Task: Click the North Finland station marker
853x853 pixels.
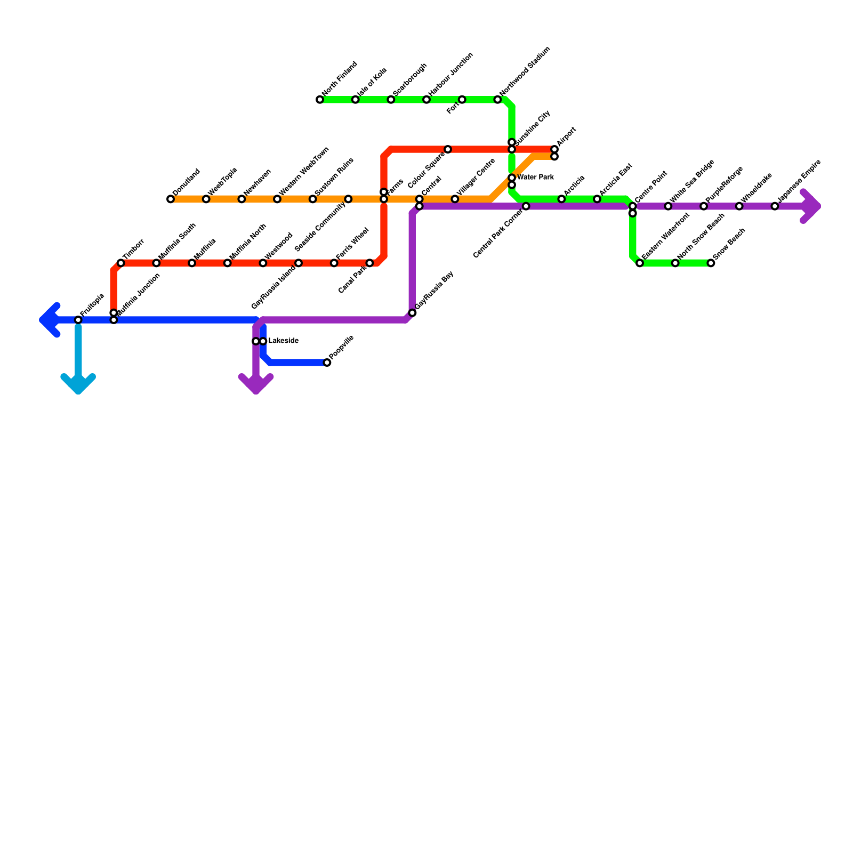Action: pyautogui.click(x=320, y=100)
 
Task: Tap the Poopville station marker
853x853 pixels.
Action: pyautogui.click(x=327, y=363)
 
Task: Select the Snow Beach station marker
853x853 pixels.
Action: pyautogui.click(x=711, y=263)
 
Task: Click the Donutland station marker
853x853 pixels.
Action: pyautogui.click(x=171, y=199)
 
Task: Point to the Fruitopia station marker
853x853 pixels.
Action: pyautogui.click(x=78, y=320)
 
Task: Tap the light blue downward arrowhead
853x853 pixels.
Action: pyautogui.click(x=78, y=385)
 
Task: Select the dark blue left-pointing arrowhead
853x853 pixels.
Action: pyautogui.click(x=48, y=320)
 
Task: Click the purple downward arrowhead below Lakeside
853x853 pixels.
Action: pyautogui.click(x=256, y=385)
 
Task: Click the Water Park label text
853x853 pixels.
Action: pyautogui.click(x=535, y=178)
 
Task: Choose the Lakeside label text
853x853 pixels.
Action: pyautogui.click(x=283, y=341)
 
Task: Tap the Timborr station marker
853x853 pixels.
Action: pyautogui.click(x=121, y=263)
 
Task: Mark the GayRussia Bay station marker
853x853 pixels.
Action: pyautogui.click(x=412, y=313)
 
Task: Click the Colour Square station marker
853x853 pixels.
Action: pyautogui.click(x=448, y=149)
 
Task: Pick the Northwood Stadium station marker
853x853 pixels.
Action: pyautogui.click(x=497, y=100)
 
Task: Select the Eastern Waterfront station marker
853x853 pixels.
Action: pyautogui.click(x=640, y=263)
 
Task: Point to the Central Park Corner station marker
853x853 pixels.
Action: pyautogui.click(x=526, y=206)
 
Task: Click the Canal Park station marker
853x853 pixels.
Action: pyautogui.click(x=369, y=263)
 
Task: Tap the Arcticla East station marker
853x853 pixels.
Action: pyautogui.click(x=597, y=199)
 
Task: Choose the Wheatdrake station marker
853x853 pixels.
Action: pyautogui.click(x=739, y=206)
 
